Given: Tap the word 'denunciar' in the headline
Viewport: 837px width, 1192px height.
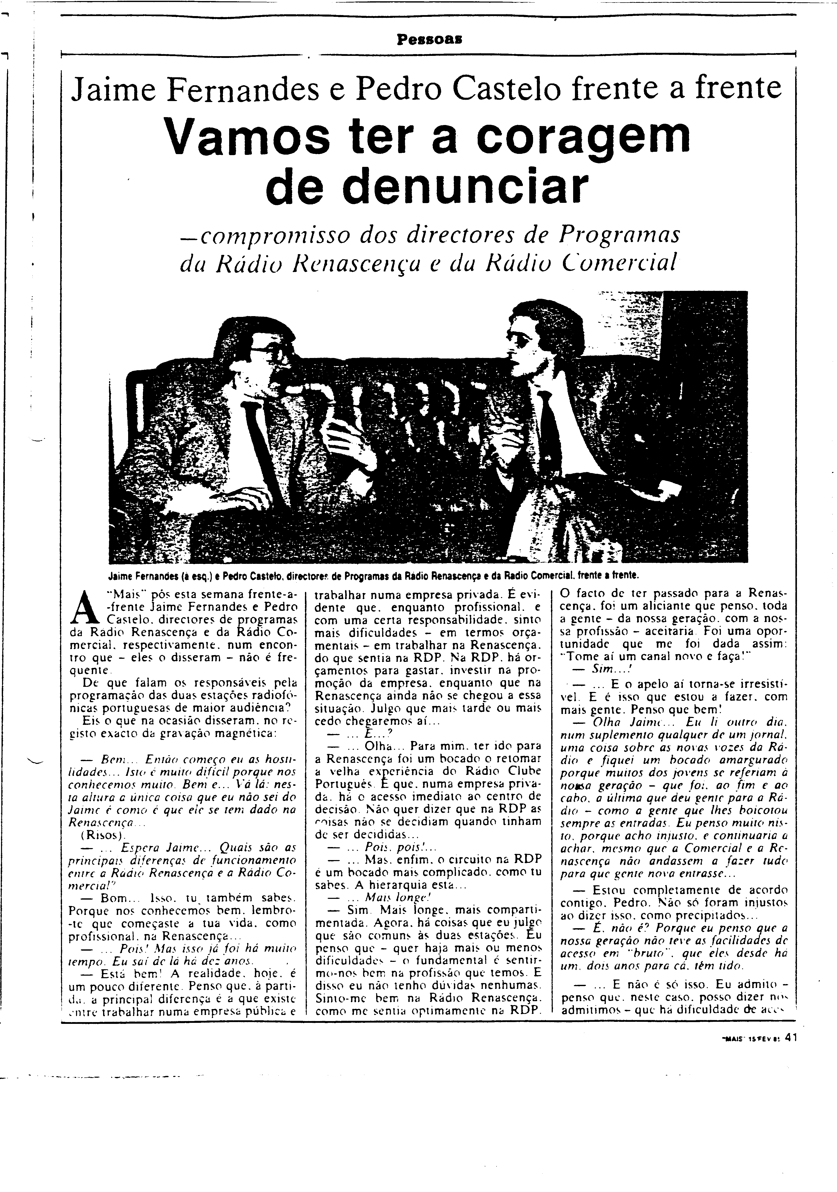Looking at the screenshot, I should coord(427,187).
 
